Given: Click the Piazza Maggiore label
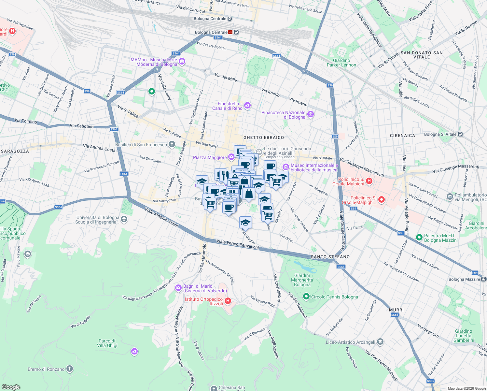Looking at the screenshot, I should [x=210, y=157].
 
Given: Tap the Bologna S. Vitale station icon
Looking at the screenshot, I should [x=460, y=134].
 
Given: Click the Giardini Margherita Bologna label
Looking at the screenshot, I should [x=302, y=280].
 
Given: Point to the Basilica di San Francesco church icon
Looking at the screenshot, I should [x=172, y=144].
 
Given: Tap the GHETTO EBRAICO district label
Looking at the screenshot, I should [x=264, y=138].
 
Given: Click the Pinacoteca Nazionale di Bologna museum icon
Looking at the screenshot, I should [x=311, y=114].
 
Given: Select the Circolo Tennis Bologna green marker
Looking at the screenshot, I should [x=306, y=297].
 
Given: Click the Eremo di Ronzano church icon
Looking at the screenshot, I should [x=70, y=369].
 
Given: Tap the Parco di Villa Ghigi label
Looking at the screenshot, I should [x=107, y=343].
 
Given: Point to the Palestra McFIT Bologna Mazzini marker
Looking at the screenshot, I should [x=419, y=238].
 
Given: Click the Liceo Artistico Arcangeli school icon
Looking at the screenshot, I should [x=380, y=342].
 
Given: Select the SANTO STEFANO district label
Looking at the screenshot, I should [x=330, y=257].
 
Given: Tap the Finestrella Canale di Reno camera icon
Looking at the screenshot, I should [x=247, y=105].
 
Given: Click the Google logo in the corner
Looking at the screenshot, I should [x=11, y=387].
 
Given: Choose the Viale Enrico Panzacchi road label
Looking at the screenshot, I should [x=238, y=244].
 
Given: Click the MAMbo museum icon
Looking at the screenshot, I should [x=182, y=62].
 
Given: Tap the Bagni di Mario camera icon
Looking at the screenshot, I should [x=178, y=287].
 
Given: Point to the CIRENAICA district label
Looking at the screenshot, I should [x=402, y=136].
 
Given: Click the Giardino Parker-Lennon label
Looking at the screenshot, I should [x=341, y=63].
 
